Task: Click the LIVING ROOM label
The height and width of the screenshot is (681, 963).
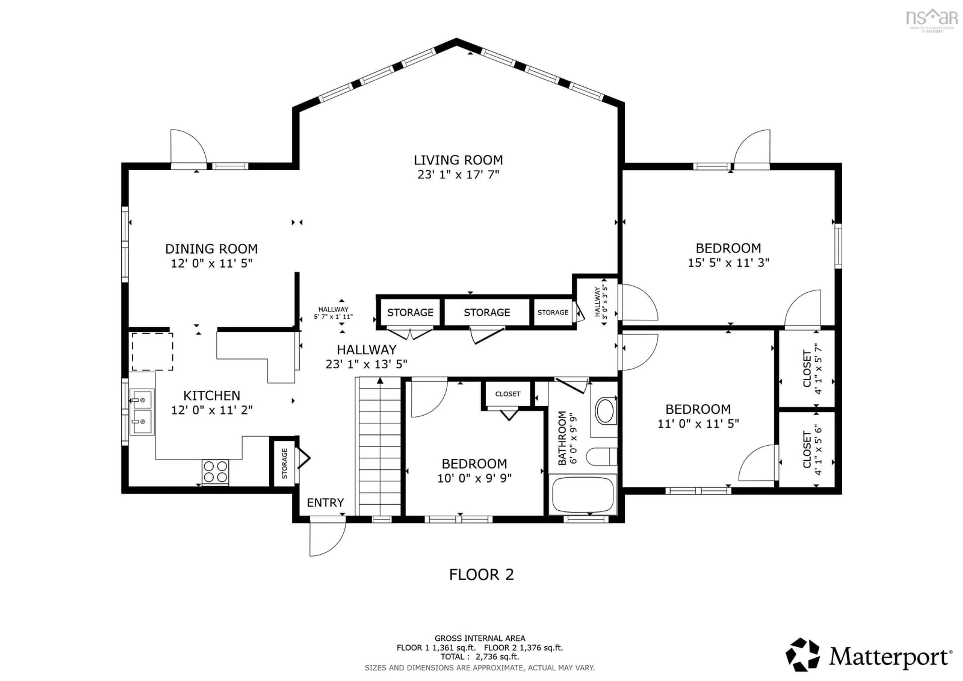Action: coord(458,160)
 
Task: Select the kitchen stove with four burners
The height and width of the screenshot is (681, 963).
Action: coord(215,472)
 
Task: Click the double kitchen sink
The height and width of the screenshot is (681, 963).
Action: coord(142,412)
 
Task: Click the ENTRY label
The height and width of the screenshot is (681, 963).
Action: coord(325,503)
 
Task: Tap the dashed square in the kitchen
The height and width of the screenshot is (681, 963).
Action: coord(152,352)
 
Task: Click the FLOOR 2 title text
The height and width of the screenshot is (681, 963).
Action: coord(481,574)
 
